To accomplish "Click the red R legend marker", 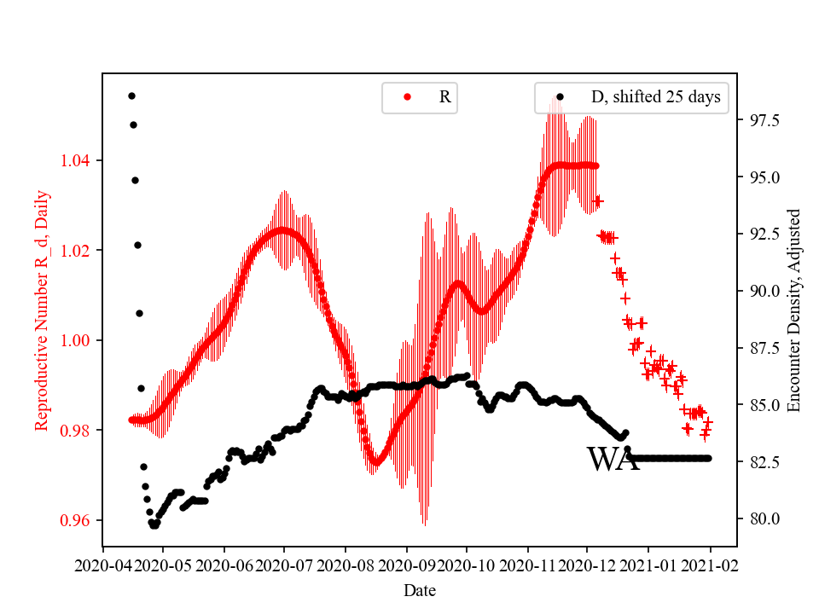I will (x=407, y=97).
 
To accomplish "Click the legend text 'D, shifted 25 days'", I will (x=655, y=97).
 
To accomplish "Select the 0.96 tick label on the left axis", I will (x=78, y=520).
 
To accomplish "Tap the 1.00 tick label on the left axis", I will (x=78, y=340).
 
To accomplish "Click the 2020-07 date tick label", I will (x=284, y=565).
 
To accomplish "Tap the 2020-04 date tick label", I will (x=103, y=565).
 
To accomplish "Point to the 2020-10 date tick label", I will (x=467, y=565).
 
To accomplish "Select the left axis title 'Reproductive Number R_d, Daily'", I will (x=41, y=310).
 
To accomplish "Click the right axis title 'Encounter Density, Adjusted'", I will (x=794, y=310).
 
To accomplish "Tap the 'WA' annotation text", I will (x=613, y=460).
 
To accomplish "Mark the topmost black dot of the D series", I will (x=131, y=96).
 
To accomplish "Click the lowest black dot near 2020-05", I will (x=154, y=525).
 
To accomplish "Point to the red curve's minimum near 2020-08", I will (x=375, y=462).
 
